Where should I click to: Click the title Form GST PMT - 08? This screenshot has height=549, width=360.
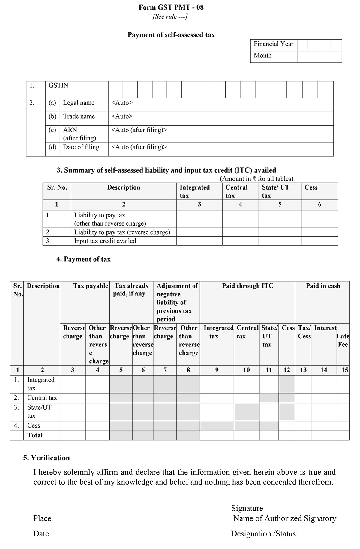(171, 7)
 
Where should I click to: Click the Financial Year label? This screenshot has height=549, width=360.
(273, 44)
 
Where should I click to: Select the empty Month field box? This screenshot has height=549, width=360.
(319, 57)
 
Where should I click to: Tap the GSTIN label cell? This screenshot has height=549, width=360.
(58, 85)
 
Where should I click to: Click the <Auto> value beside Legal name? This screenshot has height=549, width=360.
(122, 103)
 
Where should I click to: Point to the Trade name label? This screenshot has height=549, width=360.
(79, 116)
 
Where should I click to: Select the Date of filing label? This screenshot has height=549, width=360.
(81, 147)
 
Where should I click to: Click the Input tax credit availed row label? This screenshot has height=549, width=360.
(105, 241)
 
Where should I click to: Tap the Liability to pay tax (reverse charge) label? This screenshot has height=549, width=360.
(122, 232)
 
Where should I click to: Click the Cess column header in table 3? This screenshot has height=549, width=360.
(311, 187)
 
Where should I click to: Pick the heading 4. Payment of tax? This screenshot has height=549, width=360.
(83, 259)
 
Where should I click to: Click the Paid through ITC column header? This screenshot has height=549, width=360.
(247, 286)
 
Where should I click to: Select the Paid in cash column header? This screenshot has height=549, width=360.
(323, 286)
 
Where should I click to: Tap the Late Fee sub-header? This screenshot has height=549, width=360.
(343, 340)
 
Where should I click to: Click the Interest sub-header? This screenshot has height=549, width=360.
(325, 328)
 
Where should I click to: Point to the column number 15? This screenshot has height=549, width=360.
(345, 370)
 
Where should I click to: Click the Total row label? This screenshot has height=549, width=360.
(35, 435)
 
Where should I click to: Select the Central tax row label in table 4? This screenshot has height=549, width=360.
(42, 398)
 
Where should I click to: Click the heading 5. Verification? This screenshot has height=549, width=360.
(46, 458)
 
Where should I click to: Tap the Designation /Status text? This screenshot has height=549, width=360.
(263, 534)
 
